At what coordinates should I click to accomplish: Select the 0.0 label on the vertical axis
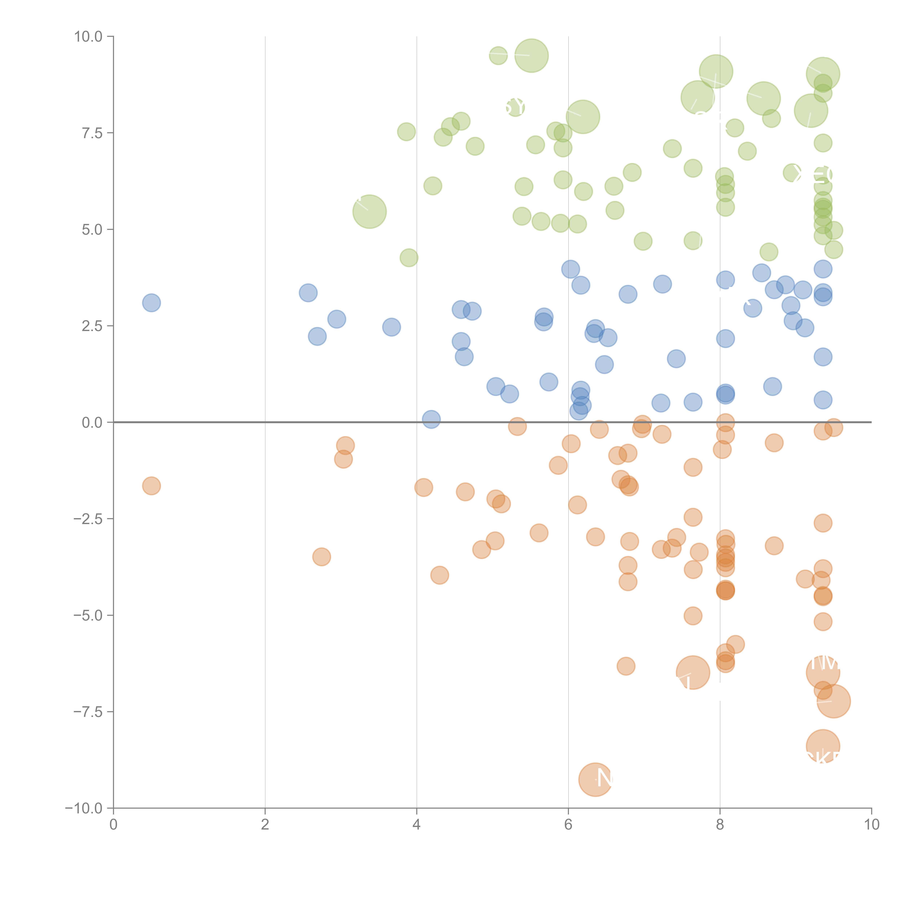coord(92,423)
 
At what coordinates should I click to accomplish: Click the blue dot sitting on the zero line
coord(431,419)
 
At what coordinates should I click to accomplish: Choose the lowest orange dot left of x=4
coord(321,557)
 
